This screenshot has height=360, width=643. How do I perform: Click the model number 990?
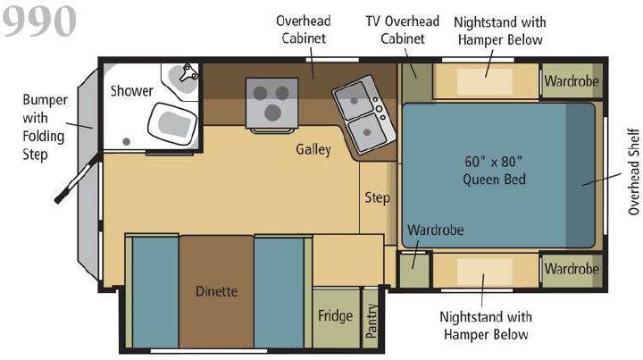39,21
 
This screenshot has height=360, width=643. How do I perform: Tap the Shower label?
131,90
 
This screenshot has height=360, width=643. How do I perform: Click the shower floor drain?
126,141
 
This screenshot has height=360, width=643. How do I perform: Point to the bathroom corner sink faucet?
189,72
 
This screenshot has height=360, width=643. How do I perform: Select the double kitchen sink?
364,114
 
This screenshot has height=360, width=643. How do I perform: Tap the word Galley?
313,149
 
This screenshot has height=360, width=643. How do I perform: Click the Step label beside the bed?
377,197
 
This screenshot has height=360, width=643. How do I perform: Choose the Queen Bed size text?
494,171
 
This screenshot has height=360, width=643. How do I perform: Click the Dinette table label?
216,291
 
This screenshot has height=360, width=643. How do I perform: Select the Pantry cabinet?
371,318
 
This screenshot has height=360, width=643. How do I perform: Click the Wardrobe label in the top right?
572,81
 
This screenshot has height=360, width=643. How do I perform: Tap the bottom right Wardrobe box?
572,270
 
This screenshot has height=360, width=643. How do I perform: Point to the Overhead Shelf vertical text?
634,172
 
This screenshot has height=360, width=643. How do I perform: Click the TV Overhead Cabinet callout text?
402,29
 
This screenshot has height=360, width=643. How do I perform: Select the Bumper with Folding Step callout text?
44,127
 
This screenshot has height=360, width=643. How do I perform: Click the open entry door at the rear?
77,178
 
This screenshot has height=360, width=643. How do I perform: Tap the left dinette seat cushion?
155,292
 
